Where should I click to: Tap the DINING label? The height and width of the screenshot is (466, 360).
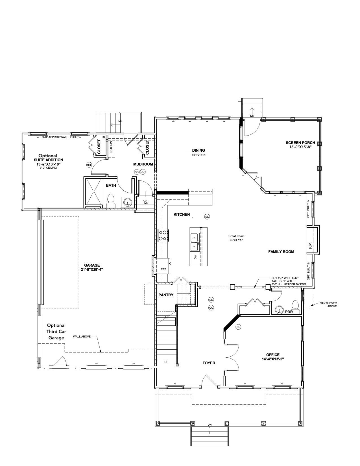198,150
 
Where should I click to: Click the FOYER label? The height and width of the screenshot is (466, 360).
209,363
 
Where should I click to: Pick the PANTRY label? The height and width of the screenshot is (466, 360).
166,295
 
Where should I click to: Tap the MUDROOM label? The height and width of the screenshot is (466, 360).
143,164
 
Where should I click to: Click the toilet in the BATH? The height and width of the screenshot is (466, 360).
111,200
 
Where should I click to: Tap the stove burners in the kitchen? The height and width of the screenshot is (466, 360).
163,235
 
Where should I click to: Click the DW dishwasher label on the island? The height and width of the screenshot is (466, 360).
195,257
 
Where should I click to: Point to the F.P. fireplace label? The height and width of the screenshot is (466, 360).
310,246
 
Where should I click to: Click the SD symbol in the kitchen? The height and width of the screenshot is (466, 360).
207,217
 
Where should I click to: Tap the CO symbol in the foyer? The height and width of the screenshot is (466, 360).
211,308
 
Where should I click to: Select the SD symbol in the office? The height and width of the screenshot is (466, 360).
238,327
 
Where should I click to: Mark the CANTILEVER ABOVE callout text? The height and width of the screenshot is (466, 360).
328,305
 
